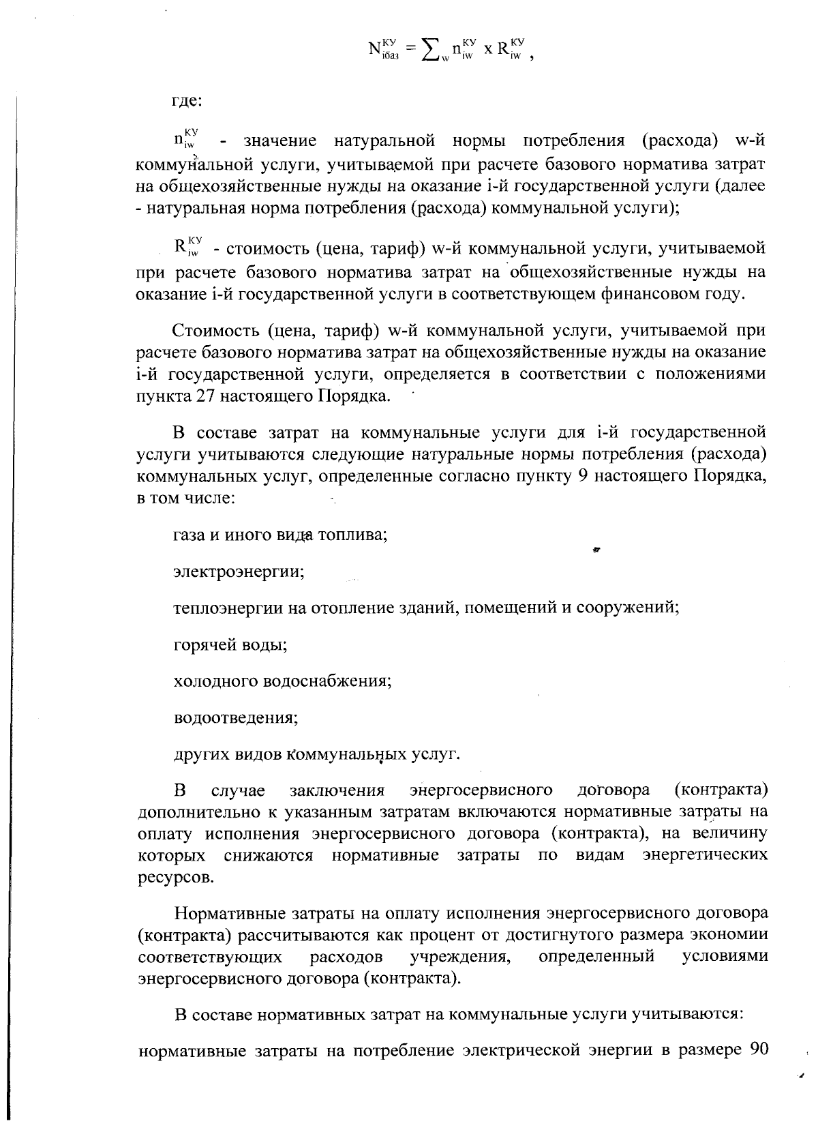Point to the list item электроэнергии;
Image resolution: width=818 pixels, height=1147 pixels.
point(239,571)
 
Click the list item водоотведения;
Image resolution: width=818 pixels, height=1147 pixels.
point(236,718)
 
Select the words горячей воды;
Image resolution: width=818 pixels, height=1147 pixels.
point(230,644)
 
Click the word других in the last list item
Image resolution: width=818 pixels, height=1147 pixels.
point(195,754)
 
